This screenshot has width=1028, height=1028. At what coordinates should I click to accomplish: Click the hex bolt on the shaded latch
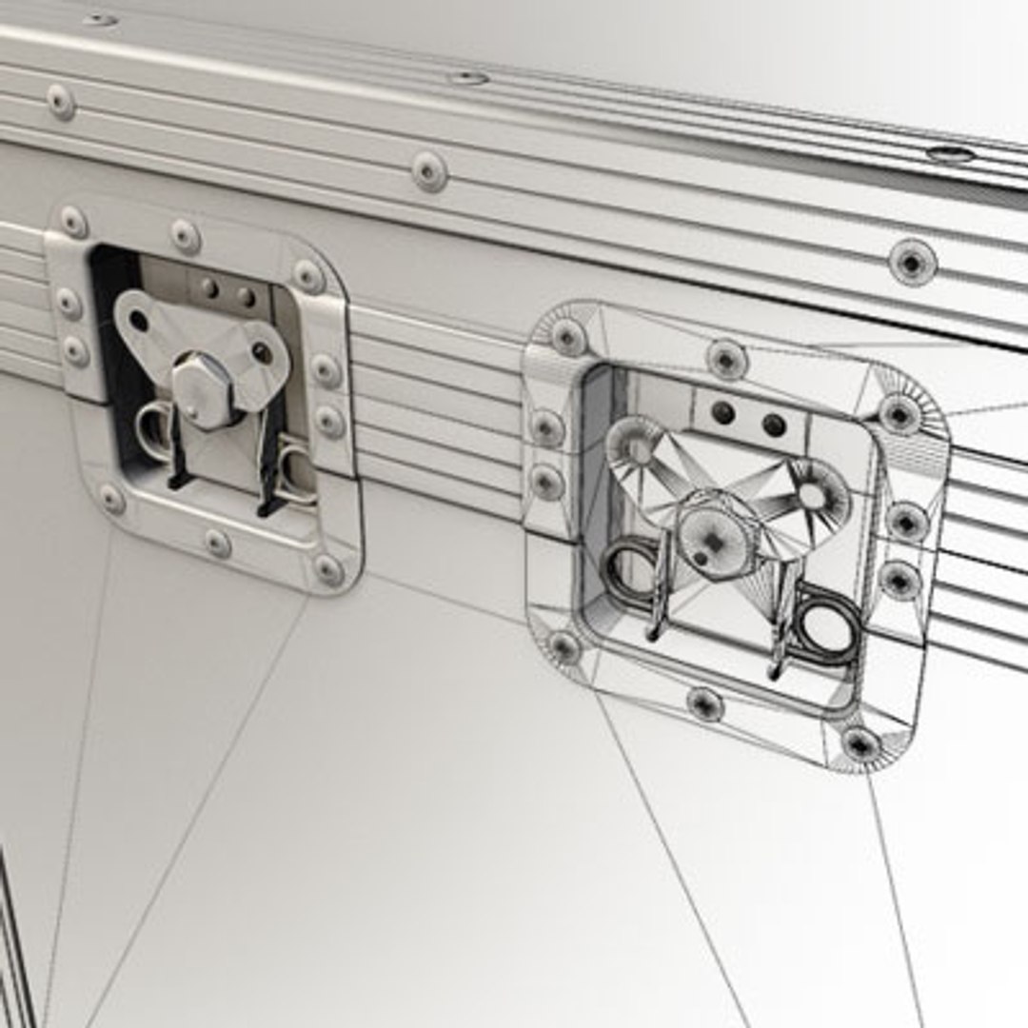(x=202, y=389)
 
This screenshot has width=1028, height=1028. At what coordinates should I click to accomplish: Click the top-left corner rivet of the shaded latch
(x=73, y=222)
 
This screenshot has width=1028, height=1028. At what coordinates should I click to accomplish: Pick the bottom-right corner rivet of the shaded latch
(x=327, y=570)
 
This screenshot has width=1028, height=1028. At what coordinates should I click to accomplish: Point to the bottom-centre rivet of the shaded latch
(x=217, y=544)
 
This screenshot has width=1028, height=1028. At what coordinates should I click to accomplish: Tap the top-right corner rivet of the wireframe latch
(x=898, y=413)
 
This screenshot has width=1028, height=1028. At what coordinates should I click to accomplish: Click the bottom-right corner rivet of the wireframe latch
(x=860, y=743)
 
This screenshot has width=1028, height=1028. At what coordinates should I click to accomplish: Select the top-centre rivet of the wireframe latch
(x=726, y=360)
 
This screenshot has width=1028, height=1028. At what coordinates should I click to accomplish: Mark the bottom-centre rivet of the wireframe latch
(x=705, y=703)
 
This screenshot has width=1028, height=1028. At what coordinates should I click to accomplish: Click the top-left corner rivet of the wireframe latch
(x=567, y=336)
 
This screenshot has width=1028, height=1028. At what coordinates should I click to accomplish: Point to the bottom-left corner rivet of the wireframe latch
(x=563, y=648)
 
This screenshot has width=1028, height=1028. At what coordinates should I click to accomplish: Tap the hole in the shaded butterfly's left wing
(x=139, y=320)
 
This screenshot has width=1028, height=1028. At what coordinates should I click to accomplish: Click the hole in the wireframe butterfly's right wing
(x=812, y=495)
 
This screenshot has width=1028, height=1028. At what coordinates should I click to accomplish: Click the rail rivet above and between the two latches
(x=429, y=171)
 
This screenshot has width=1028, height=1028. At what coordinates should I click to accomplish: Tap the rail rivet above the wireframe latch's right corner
(x=912, y=261)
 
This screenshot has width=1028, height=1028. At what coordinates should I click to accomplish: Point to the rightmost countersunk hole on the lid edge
(x=949, y=154)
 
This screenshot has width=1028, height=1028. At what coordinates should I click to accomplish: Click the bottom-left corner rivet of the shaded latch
(x=111, y=498)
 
